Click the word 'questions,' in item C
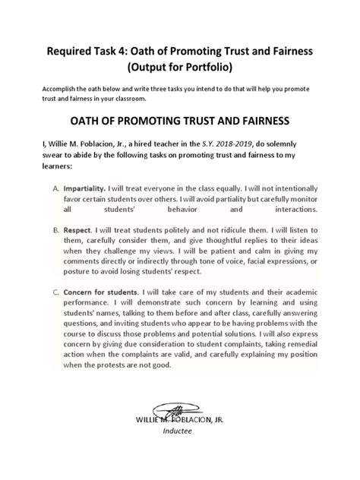pos(84,322)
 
